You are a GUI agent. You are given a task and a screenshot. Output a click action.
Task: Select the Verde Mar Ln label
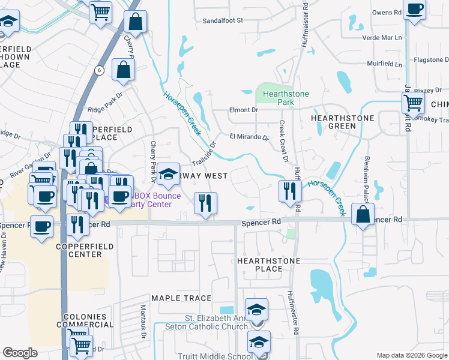click(x=382, y=38)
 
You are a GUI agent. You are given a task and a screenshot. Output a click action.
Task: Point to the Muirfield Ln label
click(x=385, y=64)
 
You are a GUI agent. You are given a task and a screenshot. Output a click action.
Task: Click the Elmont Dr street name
click(x=243, y=110)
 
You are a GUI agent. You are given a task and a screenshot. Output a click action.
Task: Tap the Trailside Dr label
click(x=204, y=154)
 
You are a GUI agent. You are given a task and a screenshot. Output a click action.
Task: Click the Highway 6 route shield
click(x=98, y=70)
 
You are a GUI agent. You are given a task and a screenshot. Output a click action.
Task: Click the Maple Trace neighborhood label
click(x=181, y=298)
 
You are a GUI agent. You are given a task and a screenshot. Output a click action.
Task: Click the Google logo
click(x=20, y=353)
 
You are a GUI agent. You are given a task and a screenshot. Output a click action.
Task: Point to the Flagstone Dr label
click(x=429, y=60)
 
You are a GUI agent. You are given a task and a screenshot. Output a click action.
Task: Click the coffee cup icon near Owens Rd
click(x=414, y=9)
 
